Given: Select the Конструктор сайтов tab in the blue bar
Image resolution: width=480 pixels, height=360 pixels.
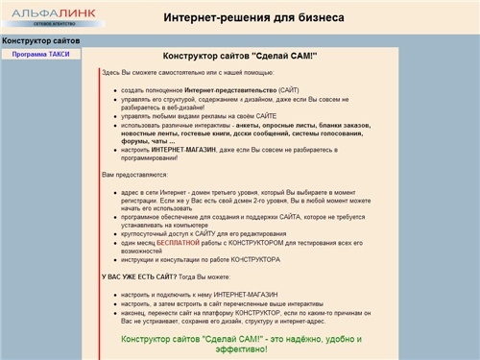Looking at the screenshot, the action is [x=40, y=40].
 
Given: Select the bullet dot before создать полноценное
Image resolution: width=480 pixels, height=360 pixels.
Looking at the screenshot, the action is [x=115, y=89].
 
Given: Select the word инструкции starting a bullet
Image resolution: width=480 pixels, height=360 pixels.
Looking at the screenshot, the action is [x=141, y=259].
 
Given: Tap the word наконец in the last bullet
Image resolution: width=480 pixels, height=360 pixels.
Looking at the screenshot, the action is [x=137, y=312].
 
